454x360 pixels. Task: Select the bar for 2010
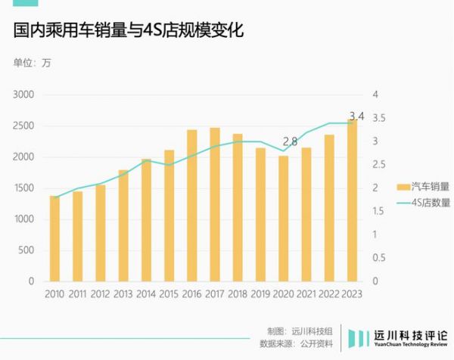pos(54,238)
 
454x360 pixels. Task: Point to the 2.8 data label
pos(290,141)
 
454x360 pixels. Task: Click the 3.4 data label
pos(356,116)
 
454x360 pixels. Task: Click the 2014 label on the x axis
pos(146,294)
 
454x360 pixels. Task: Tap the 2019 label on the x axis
pos(260,294)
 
